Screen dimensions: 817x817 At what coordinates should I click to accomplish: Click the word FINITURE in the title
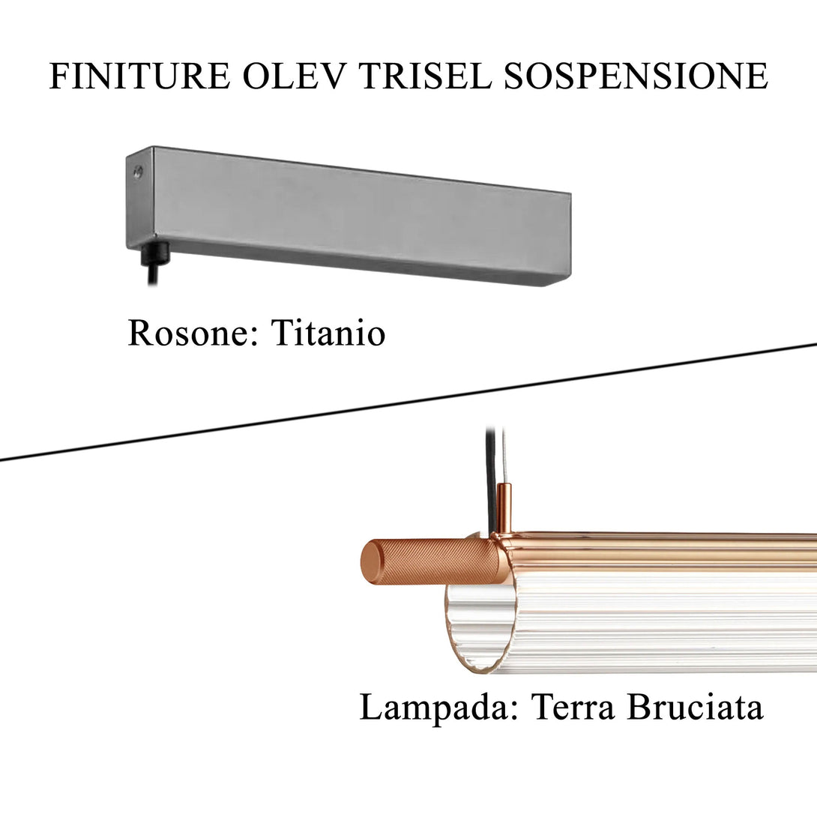pyautogui.click(x=139, y=77)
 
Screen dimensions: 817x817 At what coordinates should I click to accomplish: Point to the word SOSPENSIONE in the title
pyautogui.click(x=636, y=77)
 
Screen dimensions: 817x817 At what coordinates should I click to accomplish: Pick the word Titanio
pyautogui.click(x=328, y=334)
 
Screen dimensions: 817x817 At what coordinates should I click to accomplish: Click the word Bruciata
pyautogui.click(x=695, y=708)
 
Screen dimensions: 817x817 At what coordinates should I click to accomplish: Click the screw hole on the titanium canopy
pyautogui.click(x=137, y=172)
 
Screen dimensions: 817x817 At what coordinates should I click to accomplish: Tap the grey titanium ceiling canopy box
pyautogui.click(x=352, y=214)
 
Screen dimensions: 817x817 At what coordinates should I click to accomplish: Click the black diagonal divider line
pyautogui.click(x=408, y=403)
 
